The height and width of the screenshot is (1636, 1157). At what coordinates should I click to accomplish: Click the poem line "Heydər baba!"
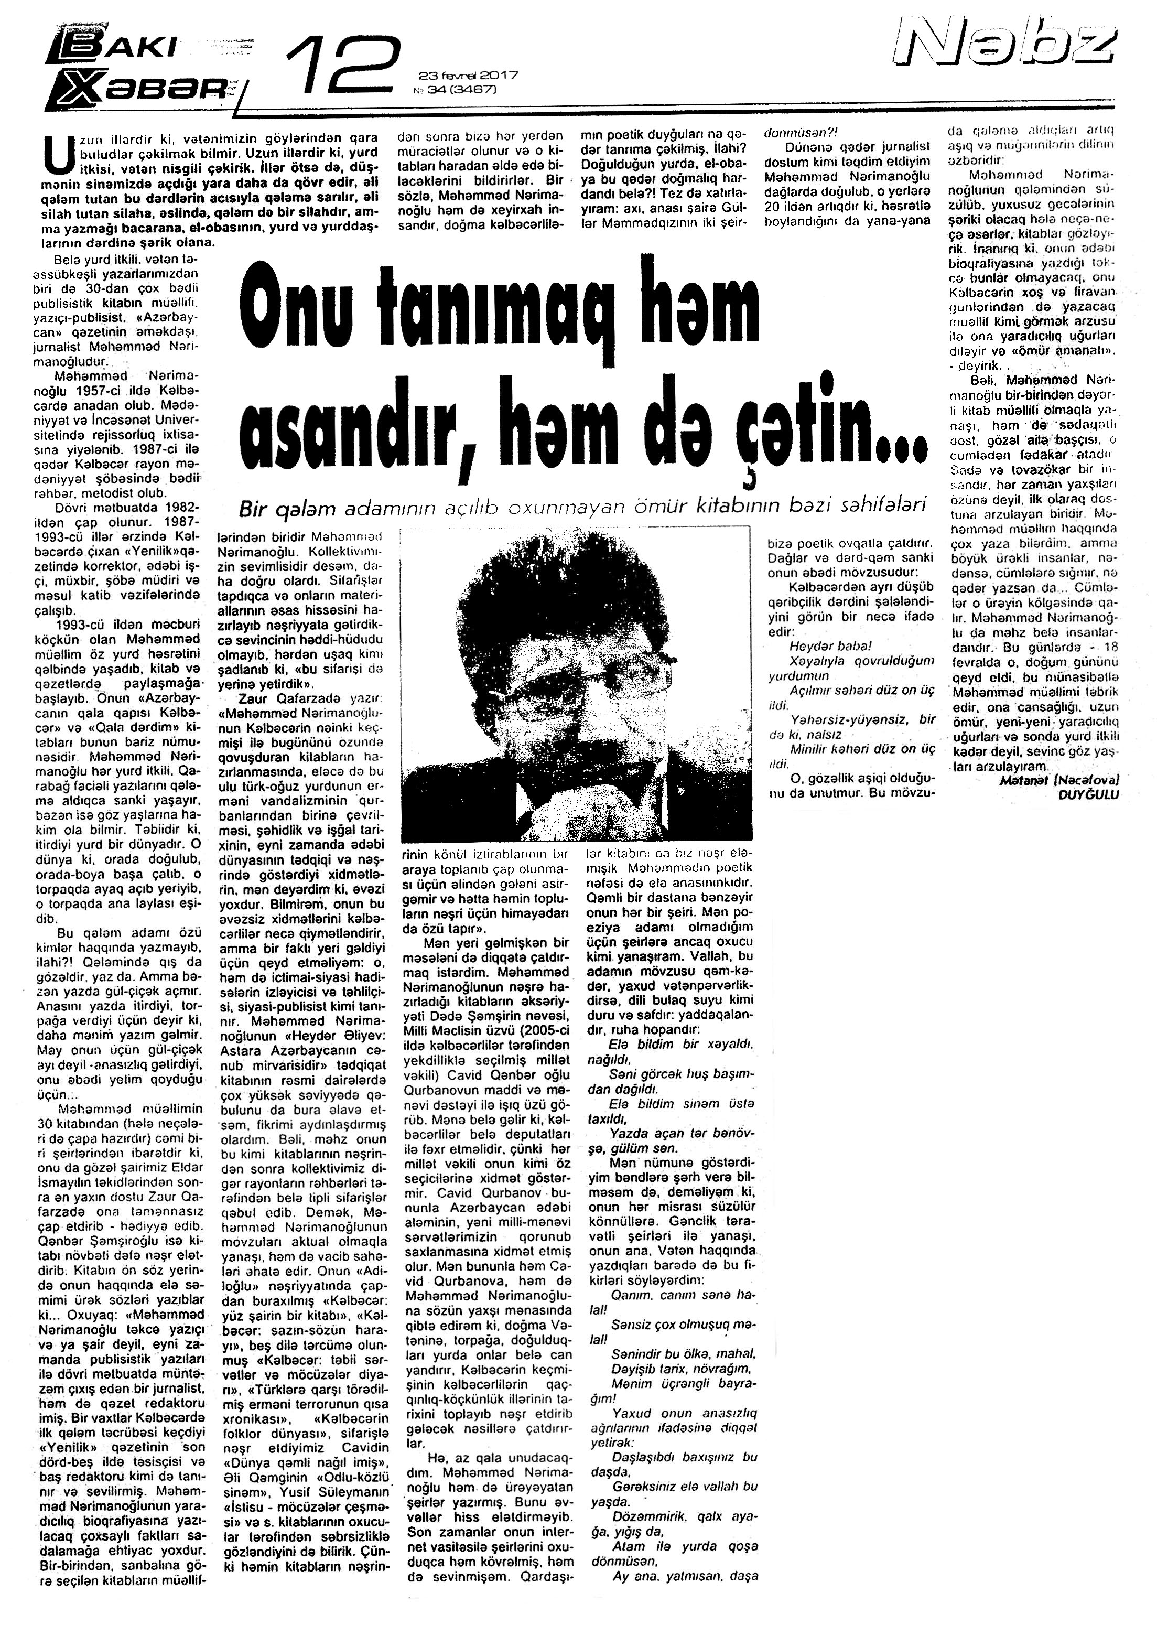[830, 647]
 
